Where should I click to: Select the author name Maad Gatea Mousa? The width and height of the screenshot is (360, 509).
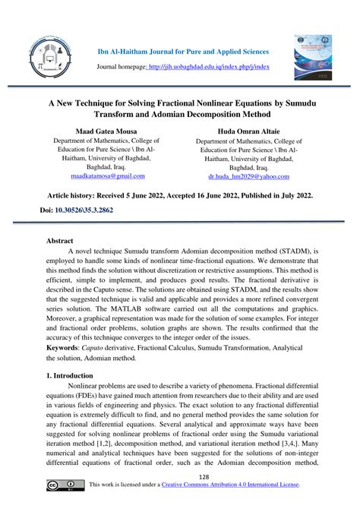(106, 130)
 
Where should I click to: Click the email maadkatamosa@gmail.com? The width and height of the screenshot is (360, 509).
(107, 175)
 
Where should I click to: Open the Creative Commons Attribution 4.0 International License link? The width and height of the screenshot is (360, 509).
(236, 485)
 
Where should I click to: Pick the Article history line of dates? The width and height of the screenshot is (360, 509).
(179, 194)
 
